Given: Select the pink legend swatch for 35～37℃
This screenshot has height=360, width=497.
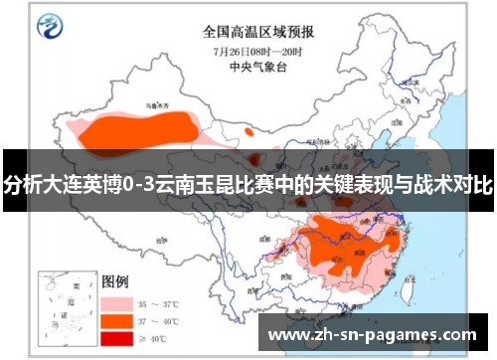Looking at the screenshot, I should [x=116, y=301].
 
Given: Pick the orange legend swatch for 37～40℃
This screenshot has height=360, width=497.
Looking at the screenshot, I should [x=116, y=320].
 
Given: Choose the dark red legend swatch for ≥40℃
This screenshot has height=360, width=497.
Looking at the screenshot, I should [x=116, y=339].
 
